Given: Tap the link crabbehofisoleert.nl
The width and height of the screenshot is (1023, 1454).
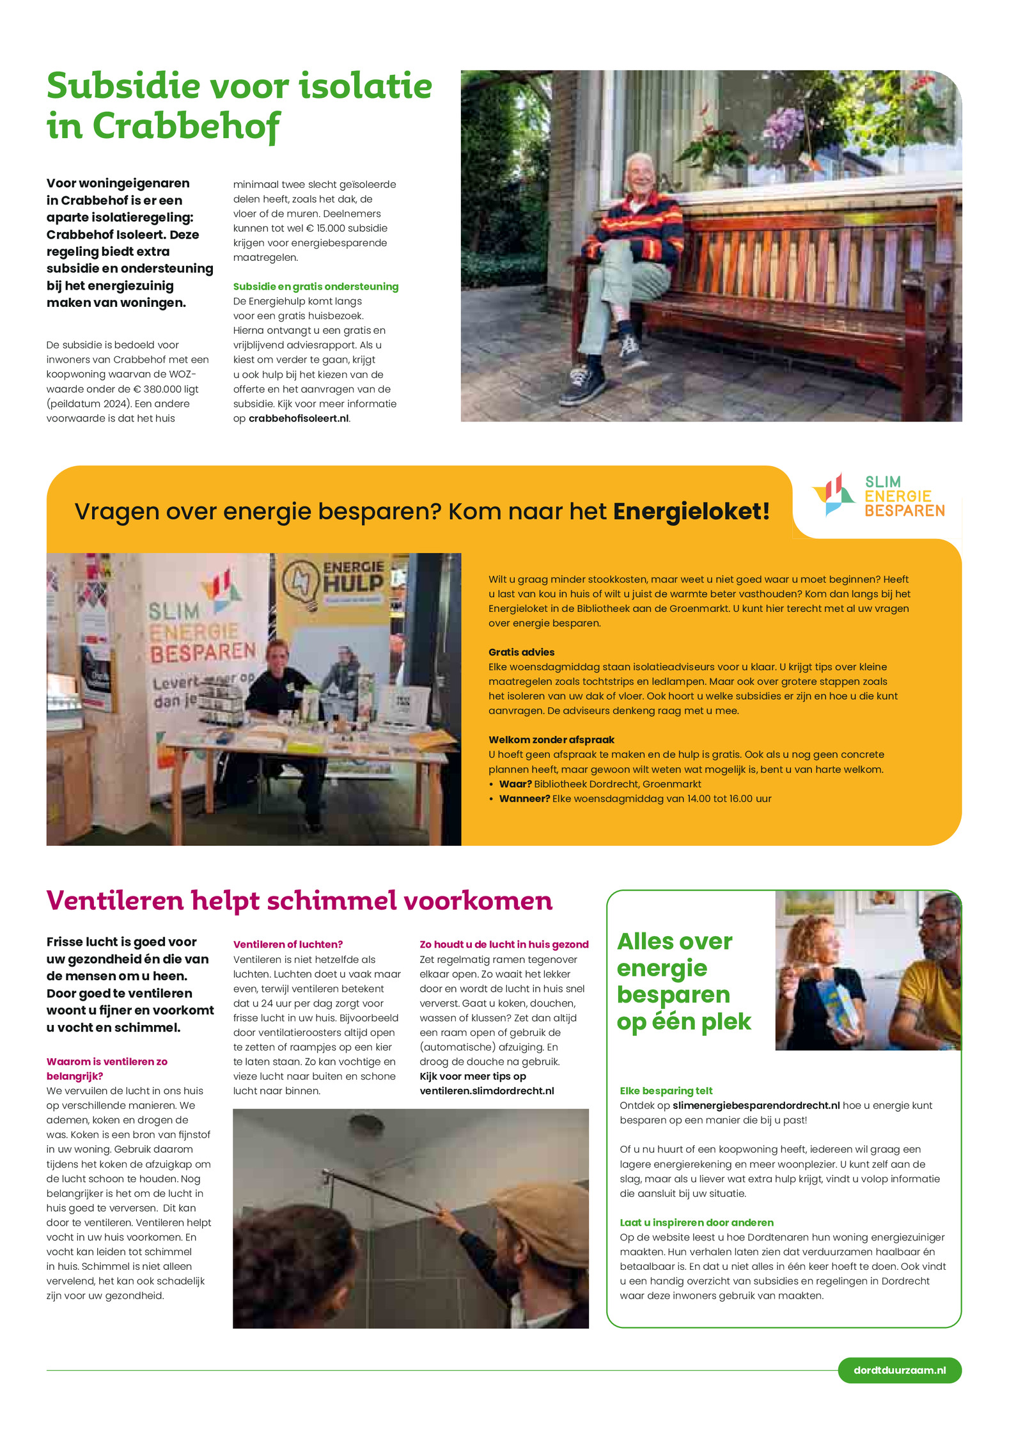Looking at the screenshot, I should pos(299,418).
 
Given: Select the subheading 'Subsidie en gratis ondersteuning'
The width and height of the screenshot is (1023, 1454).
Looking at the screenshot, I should pos(315,286).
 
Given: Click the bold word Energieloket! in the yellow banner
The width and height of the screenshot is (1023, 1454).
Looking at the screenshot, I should pos(691,512).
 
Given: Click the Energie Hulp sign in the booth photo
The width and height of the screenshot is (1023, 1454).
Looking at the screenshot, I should pos(336,579).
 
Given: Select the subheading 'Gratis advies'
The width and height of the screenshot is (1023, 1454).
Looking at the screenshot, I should pos(521,652).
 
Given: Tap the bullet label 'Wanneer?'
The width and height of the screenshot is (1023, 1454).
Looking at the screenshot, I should pos(524,799).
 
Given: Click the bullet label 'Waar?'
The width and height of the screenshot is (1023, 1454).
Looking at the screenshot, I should pos(515,784).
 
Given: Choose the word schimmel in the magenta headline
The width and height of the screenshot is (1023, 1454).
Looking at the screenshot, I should pos(332,901).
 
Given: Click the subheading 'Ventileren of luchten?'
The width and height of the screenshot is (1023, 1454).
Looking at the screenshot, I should pos(288,944).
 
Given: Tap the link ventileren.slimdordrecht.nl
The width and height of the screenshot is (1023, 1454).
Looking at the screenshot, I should pos(487,1091).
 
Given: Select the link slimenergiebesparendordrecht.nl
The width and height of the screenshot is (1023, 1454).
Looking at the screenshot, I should pos(756,1106).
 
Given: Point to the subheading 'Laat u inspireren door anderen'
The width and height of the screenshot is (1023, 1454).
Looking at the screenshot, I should pos(696,1223).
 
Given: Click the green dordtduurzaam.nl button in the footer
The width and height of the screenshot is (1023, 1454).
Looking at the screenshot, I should pos(899,1370).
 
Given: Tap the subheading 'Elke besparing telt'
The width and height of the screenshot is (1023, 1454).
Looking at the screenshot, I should pos(666,1091).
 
